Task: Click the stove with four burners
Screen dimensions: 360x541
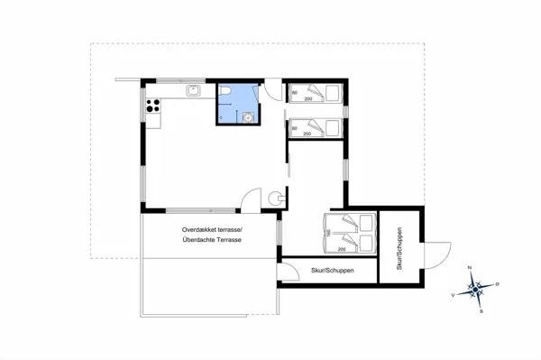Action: [x=152, y=106]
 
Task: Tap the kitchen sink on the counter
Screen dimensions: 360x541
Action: [x=192, y=90]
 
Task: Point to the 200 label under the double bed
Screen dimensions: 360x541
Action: [x=342, y=249]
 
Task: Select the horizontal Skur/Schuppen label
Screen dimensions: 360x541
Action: [x=331, y=271]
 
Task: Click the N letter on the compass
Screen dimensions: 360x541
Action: [x=470, y=269]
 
